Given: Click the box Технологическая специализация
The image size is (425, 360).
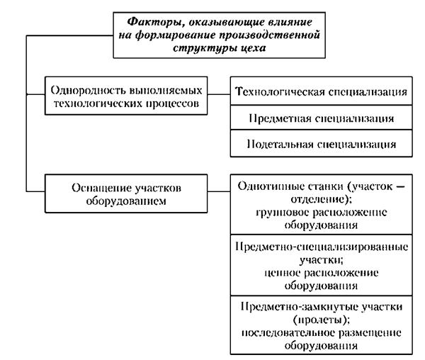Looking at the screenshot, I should click(x=321, y=92).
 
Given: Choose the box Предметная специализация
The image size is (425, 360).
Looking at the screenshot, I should click(x=321, y=118).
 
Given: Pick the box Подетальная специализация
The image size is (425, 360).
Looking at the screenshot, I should click(x=321, y=143).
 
